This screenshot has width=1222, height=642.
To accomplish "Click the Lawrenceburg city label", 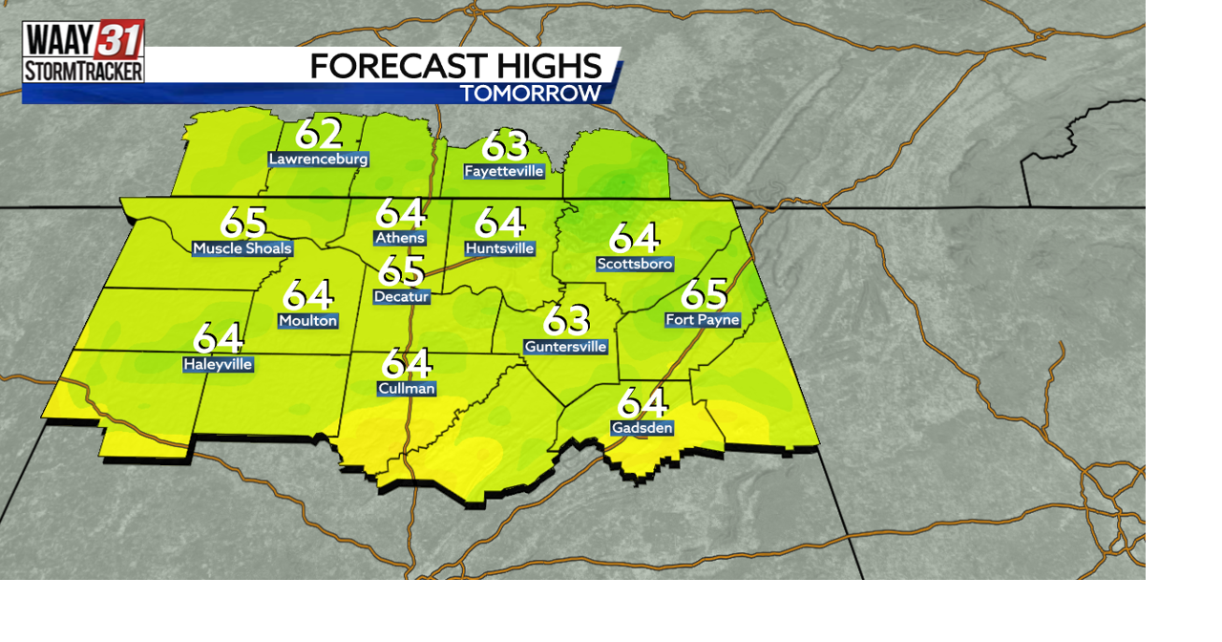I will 318,160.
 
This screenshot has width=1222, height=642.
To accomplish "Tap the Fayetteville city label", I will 504,172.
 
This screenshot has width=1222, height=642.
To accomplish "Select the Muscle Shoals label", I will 242,249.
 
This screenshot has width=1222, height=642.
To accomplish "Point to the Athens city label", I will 400,238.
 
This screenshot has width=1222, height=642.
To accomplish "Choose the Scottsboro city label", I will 635,264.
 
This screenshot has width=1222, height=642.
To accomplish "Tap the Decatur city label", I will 401,297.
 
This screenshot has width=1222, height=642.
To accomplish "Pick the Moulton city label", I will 307,321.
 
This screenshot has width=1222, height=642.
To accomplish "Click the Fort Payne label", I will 703,320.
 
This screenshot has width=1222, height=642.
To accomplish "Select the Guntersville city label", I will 566,347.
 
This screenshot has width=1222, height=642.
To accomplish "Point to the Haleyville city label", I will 218,364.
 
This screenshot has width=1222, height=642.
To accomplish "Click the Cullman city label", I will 407,388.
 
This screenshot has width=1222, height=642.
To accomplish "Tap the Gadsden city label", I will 643,428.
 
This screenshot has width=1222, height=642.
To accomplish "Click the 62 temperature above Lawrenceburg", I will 318,134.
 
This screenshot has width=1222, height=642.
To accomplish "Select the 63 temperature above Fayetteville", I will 504,146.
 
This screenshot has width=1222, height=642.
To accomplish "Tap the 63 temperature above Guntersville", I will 566,321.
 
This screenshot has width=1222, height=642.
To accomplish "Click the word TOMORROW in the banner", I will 531,93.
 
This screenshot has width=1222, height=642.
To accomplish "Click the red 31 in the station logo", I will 120,40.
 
